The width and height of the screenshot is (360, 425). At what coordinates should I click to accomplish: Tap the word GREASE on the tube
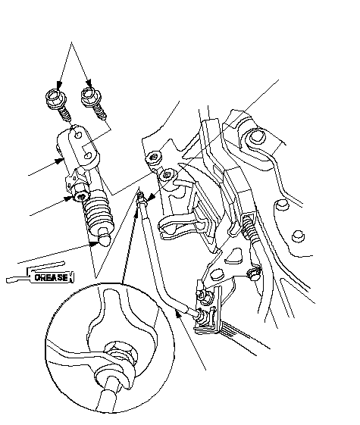tap(52, 277)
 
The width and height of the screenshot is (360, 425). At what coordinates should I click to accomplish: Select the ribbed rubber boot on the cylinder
tap(99, 214)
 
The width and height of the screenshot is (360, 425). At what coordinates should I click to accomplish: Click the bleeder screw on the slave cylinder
tap(81, 196)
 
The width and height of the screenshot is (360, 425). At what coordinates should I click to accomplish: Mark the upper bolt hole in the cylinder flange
tap(78, 135)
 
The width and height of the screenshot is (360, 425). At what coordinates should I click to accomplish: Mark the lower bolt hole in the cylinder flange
tap(88, 155)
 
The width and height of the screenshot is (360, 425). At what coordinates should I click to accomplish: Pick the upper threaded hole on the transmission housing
tap(154, 158)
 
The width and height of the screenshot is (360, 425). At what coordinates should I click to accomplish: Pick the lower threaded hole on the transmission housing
tap(166, 175)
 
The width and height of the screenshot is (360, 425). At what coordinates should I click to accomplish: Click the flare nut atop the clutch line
tap(142, 200)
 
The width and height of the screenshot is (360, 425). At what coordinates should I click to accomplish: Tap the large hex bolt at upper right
tap(256, 136)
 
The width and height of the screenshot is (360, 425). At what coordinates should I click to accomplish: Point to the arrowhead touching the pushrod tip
tap(95, 243)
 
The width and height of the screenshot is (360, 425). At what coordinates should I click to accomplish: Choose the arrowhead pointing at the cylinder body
tap(58, 161)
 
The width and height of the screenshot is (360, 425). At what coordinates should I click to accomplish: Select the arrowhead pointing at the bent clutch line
tap(177, 314)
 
